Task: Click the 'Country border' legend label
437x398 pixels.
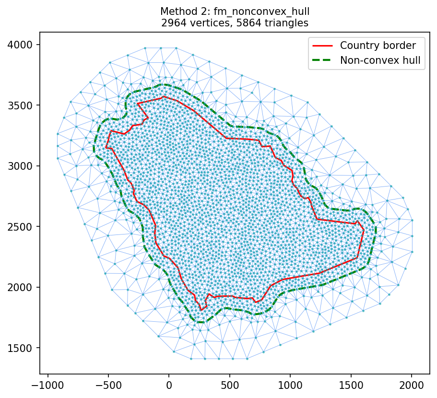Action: [378, 46]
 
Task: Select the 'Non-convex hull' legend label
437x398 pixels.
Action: [380, 60]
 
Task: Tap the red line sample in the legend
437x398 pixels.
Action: [324, 46]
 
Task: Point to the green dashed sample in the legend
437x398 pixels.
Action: [324, 60]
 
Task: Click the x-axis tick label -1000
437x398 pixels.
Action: [47, 385]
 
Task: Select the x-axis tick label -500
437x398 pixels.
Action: [108, 385]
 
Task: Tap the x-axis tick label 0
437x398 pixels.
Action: [169, 385]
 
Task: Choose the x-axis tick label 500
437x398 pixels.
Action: [229, 385]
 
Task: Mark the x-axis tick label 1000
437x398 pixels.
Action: [290, 385]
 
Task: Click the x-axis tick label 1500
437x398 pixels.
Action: [351, 385]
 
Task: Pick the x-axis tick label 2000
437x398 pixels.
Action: [412, 385]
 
